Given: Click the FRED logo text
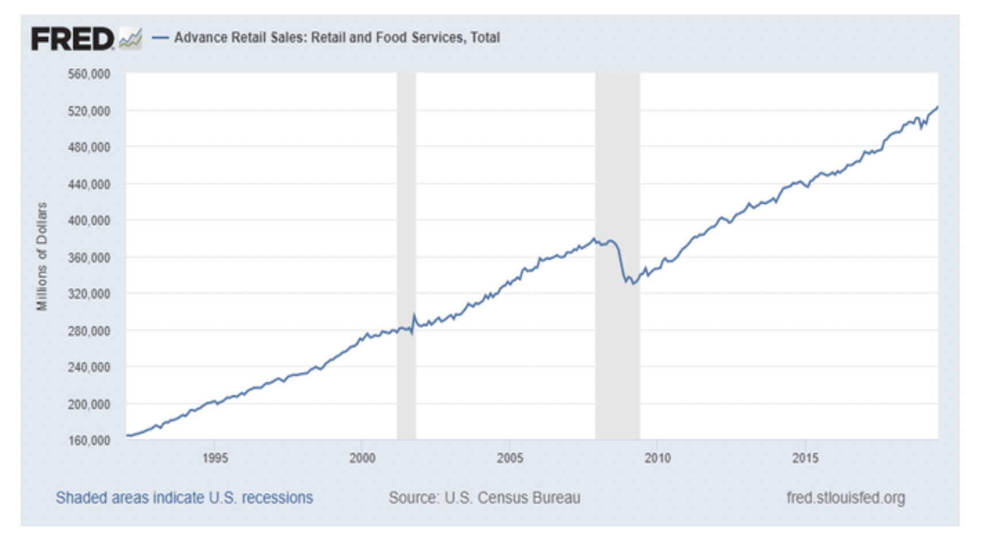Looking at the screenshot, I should [72, 39].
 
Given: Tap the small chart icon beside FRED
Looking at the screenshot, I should [130, 39].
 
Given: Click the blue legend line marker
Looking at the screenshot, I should [160, 38].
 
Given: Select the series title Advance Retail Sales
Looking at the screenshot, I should [337, 37].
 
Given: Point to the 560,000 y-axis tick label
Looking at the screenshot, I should [89, 74].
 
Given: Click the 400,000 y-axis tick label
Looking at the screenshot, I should [89, 220].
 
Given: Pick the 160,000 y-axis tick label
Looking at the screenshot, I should [89, 440].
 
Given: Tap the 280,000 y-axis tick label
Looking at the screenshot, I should [89, 331].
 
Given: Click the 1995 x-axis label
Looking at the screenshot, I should [215, 458].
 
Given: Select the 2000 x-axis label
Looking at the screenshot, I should [362, 458].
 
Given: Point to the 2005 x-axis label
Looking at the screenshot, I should [510, 458].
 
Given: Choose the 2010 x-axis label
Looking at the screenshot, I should [657, 458].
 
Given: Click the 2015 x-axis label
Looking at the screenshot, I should [805, 458].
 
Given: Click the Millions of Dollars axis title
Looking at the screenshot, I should [42, 257].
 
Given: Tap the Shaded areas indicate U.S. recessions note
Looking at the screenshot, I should [184, 498].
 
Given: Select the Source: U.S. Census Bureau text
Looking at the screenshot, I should [484, 498].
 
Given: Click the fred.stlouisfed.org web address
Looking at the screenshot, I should [845, 498].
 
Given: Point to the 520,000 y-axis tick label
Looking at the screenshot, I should [89, 110].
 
